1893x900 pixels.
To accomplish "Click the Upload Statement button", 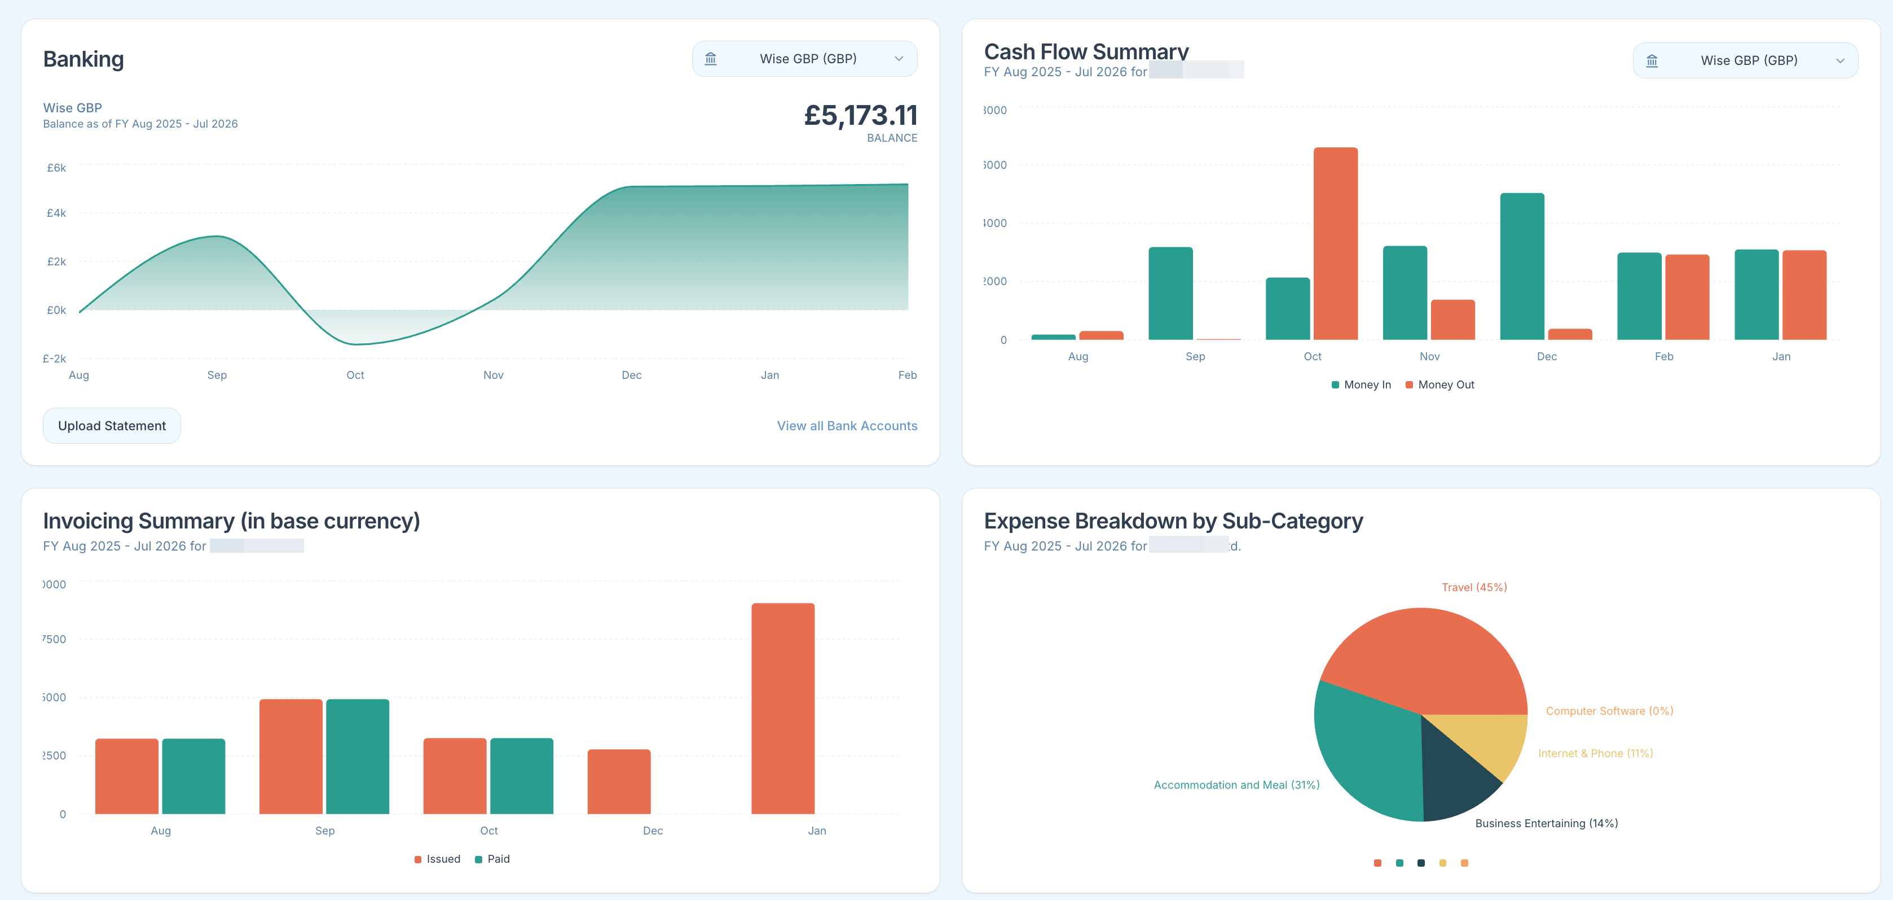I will pos(112,426).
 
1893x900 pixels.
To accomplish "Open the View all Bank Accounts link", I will pos(847,426).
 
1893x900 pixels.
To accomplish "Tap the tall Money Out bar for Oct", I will pos(1335,243).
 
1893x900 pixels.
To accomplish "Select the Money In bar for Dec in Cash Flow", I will pos(1522,266).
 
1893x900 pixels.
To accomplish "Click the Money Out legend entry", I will pos(1439,385).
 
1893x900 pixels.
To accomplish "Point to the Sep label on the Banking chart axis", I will pos(217,375).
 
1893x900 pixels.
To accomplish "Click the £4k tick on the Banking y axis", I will pos(56,213).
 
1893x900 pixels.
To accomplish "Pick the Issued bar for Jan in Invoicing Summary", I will pos(782,708).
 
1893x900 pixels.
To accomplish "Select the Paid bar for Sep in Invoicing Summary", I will pos(357,756).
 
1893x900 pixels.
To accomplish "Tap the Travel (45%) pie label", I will pos(1473,587).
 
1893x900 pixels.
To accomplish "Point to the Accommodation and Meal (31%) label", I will pos(1236,785).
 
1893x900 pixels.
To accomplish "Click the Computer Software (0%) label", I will pos(1609,711).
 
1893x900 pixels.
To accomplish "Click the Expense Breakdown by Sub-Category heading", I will pos(1173,521).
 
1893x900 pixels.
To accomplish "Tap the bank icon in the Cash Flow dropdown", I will pos(1651,61).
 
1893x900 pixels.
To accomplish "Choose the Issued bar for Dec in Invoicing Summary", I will pos(619,781).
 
